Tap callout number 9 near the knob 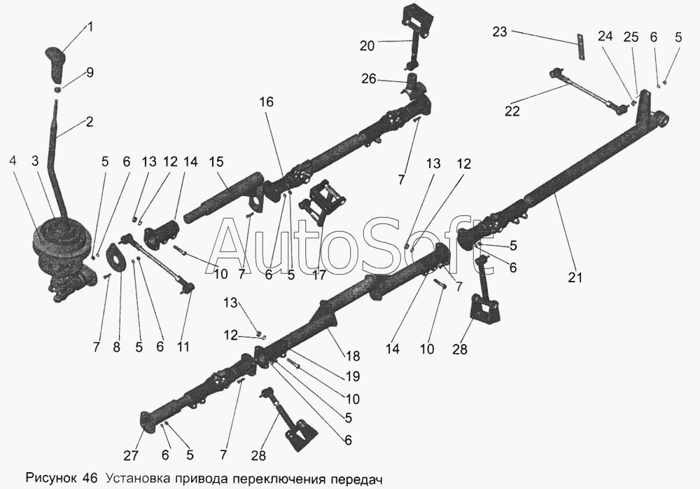[x=89, y=73]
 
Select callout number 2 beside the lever [x=89, y=121]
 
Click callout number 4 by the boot [x=13, y=160]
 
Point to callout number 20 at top [x=367, y=46]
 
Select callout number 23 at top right [x=499, y=32]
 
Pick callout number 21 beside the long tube [x=575, y=277]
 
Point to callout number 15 [x=216, y=162]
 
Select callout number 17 [x=319, y=275]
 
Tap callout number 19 [x=352, y=376]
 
